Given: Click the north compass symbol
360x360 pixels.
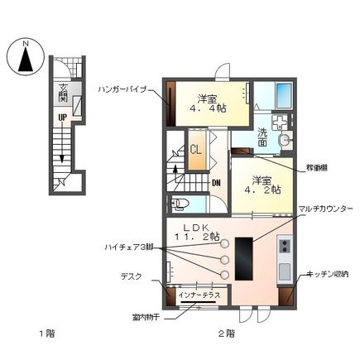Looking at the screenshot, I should click(x=25, y=57).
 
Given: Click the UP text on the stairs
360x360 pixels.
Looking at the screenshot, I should click(x=61, y=117).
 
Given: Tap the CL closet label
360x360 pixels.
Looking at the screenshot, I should click(x=198, y=151).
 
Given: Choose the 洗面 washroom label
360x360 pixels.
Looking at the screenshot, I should click(x=262, y=137).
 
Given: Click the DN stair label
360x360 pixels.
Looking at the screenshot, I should click(x=216, y=183).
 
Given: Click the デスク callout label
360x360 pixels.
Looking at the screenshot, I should click(x=133, y=280).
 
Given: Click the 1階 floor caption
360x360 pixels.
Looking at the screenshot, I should click(x=46, y=334).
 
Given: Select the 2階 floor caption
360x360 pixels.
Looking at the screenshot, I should click(x=226, y=334).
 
